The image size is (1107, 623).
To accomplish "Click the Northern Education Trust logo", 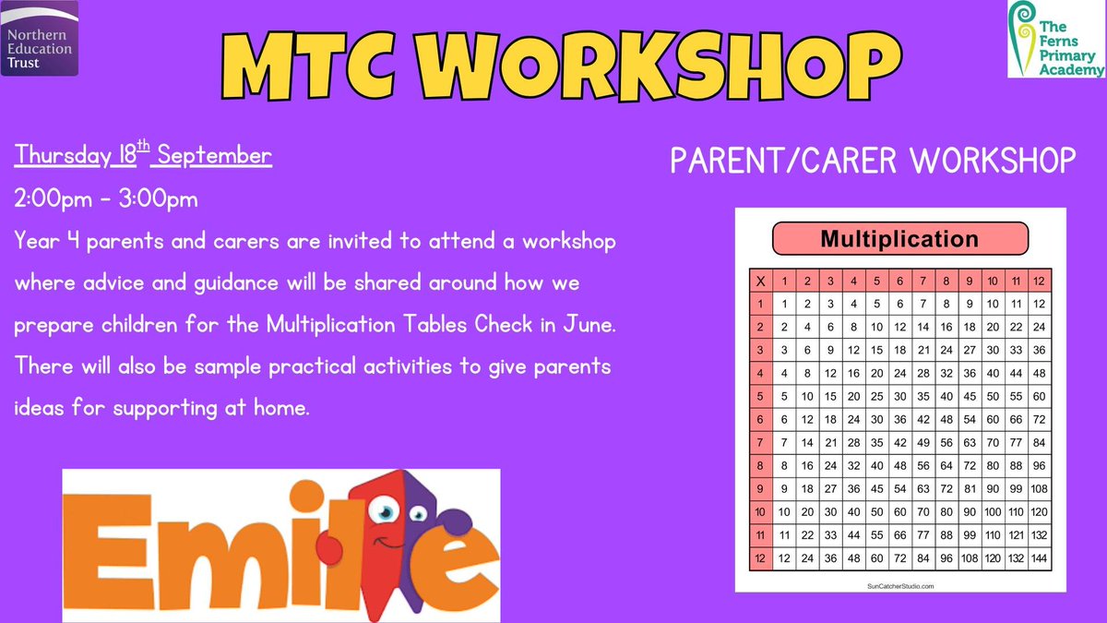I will (x=39, y=38).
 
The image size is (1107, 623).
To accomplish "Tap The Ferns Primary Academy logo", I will (x=1056, y=39).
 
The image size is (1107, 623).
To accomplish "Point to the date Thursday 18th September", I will (x=143, y=156).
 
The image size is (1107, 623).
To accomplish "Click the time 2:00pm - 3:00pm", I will (x=106, y=198).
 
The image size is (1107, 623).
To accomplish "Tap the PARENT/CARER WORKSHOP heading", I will (x=873, y=161).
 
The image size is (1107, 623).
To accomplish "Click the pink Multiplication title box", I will (x=899, y=239).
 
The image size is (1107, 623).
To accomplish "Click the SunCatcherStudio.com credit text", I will (x=900, y=586).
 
